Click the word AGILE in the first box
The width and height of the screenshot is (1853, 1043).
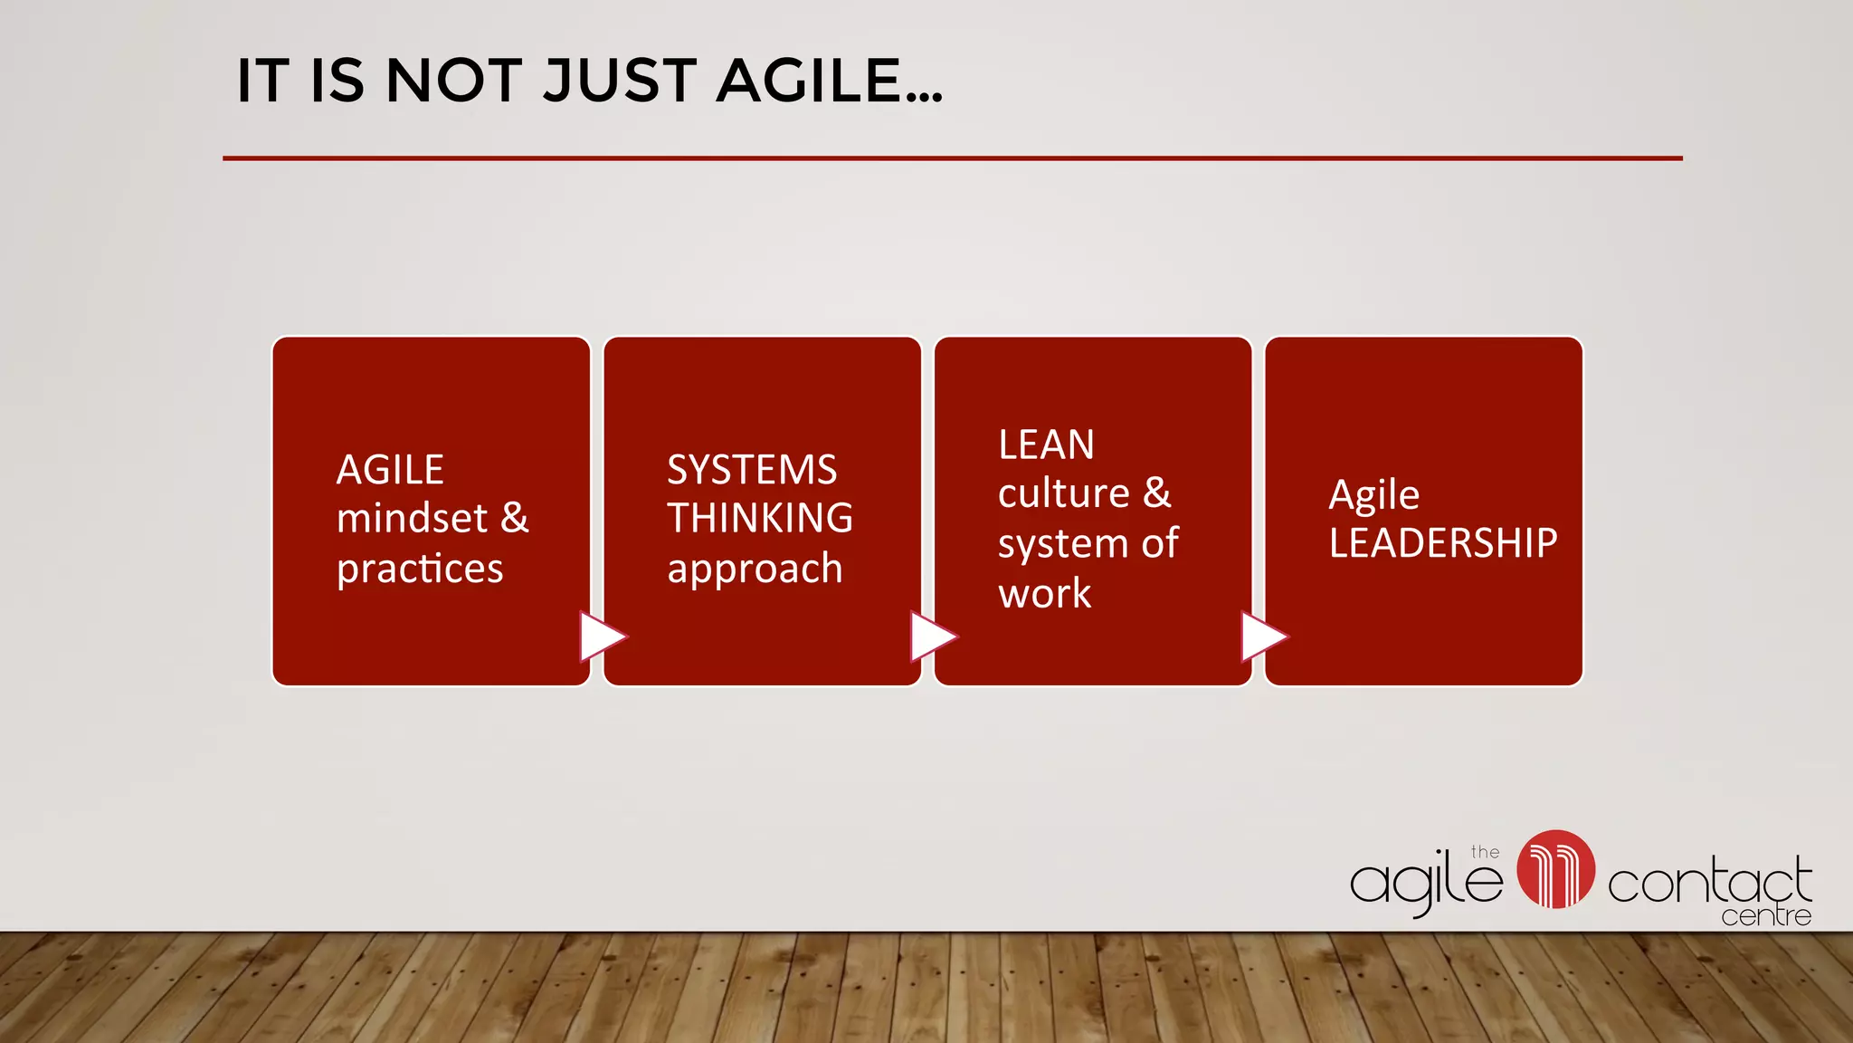(x=390, y=470)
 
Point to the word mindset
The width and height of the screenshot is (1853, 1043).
(x=412, y=519)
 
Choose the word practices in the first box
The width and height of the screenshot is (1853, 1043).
(x=420, y=569)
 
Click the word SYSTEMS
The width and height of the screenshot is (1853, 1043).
(x=752, y=470)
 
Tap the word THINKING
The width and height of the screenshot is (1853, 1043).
(x=760, y=519)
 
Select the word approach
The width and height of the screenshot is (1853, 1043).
(x=755, y=569)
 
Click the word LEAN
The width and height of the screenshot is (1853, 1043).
(x=1046, y=445)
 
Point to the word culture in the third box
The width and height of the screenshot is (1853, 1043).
(x=1064, y=494)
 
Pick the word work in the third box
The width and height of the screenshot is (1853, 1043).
(x=1045, y=594)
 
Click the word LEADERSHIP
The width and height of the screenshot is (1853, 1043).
(x=1443, y=543)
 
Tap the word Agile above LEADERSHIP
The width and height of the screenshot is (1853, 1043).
(x=1373, y=495)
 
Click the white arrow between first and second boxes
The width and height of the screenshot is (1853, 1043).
(x=602, y=637)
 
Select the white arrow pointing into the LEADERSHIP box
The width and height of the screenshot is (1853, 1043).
(x=1263, y=637)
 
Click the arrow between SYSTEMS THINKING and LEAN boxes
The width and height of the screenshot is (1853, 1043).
(x=932, y=637)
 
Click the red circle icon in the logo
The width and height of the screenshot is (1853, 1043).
(x=1555, y=869)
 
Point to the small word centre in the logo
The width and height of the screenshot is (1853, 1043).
(x=1766, y=917)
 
